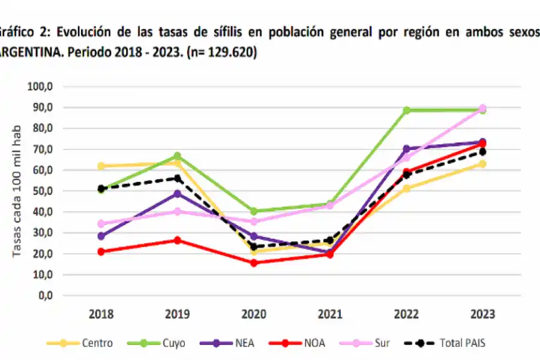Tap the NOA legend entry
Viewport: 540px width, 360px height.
point(303,343)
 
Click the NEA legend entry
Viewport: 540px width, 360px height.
point(231,343)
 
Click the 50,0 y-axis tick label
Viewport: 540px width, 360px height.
point(43,191)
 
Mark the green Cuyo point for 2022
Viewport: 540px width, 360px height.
point(406,110)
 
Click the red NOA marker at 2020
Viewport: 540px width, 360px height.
point(254,263)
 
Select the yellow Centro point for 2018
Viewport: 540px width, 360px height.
point(101,166)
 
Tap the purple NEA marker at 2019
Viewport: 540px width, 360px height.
point(178,194)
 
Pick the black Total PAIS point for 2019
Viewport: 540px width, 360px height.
point(178,178)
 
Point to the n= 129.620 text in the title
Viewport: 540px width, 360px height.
point(222,53)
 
